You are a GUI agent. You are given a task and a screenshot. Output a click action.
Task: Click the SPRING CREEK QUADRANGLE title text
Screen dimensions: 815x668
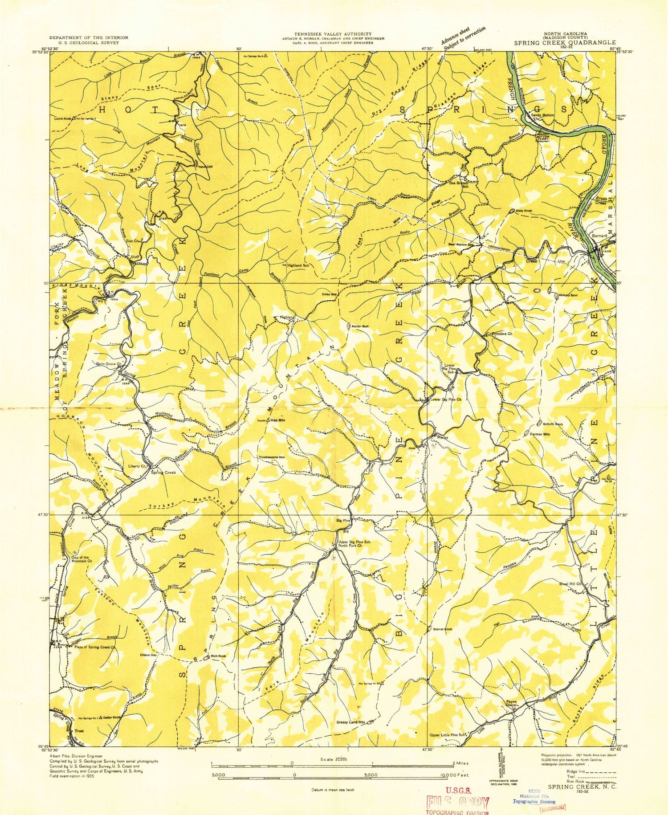click(x=565, y=43)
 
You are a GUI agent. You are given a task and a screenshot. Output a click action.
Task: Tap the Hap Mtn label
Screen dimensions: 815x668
click(x=278, y=420)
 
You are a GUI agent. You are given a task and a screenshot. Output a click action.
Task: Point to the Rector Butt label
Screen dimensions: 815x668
click(x=360, y=326)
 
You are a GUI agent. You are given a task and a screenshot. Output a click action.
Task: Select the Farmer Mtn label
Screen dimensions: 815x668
click(x=541, y=433)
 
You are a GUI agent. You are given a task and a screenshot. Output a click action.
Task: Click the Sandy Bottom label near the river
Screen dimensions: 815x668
click(x=542, y=115)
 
